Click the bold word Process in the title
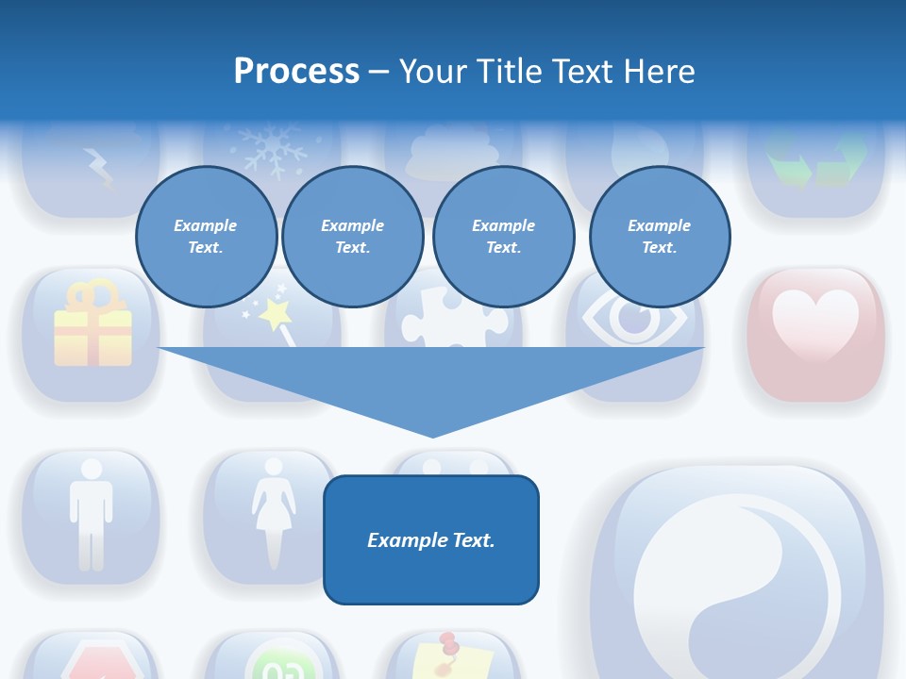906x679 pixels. (x=296, y=72)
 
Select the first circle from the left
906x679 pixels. (x=206, y=237)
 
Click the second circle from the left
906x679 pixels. (x=352, y=237)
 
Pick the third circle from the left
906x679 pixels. (x=503, y=237)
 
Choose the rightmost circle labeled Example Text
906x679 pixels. (x=659, y=237)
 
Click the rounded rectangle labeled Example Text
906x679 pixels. (x=431, y=539)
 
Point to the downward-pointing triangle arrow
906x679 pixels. (x=431, y=387)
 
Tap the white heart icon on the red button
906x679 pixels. (x=815, y=321)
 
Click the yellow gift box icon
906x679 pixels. (x=92, y=325)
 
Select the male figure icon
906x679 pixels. (x=92, y=514)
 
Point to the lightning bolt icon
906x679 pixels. (x=98, y=168)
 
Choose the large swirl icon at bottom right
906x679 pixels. (x=736, y=585)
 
